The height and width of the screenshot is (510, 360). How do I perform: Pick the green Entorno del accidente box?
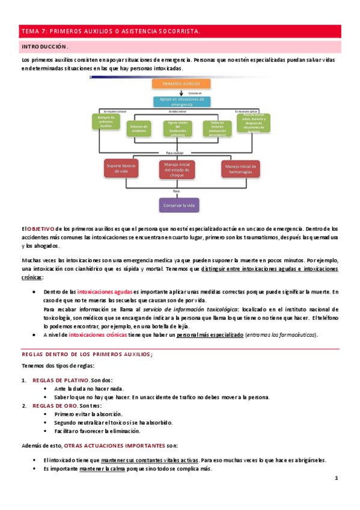[138, 128]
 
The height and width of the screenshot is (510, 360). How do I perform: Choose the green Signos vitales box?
[177, 127]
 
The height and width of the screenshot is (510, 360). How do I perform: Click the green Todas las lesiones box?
[213, 127]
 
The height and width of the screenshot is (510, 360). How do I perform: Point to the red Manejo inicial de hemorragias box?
[240, 169]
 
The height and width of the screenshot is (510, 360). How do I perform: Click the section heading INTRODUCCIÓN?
[45, 46]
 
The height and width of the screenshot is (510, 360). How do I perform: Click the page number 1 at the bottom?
[337, 479]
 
